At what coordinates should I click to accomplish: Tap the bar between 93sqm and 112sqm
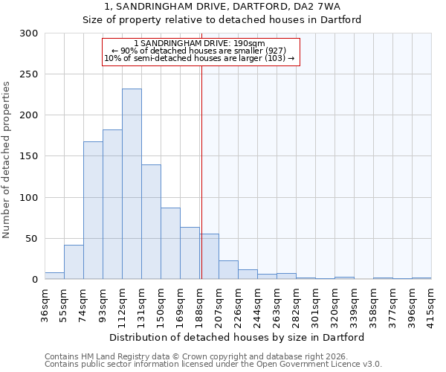112,205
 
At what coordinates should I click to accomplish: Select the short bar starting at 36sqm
54,276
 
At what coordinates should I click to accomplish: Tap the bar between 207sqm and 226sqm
228,270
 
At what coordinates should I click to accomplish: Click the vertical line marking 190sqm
201,171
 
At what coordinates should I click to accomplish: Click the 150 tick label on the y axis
29,156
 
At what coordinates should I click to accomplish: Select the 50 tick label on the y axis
31,239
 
